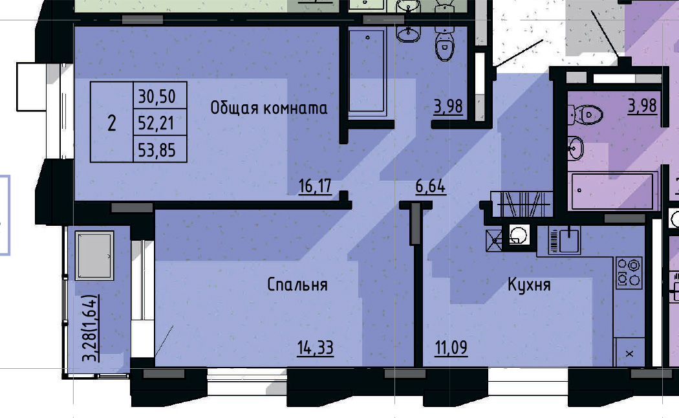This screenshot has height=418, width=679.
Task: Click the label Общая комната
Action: [x=268, y=108]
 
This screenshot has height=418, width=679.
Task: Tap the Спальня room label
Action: [x=297, y=285]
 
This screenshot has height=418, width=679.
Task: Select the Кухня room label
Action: [x=529, y=285]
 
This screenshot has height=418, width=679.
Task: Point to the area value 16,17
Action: [x=315, y=187]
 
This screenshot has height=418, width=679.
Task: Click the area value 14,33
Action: [x=315, y=348]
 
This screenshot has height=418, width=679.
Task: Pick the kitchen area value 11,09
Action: [x=451, y=348]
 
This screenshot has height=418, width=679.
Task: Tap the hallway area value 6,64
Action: [x=431, y=187]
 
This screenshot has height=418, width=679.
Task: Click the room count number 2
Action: [x=112, y=122]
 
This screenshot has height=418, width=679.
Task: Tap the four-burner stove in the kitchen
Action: [x=629, y=272]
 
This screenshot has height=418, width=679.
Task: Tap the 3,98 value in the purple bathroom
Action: [x=643, y=105]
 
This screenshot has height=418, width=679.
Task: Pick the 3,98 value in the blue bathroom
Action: [x=448, y=105]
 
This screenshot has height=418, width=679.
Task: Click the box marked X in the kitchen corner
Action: [x=630, y=353]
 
